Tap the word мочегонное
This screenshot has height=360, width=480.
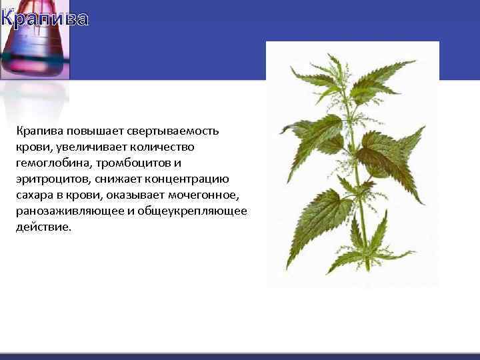[x=204, y=195]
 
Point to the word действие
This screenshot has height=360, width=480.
[x=43, y=227]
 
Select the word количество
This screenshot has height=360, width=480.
[x=161, y=147]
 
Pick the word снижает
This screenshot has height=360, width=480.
[x=117, y=179]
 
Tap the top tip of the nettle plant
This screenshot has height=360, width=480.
[x=337, y=56]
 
